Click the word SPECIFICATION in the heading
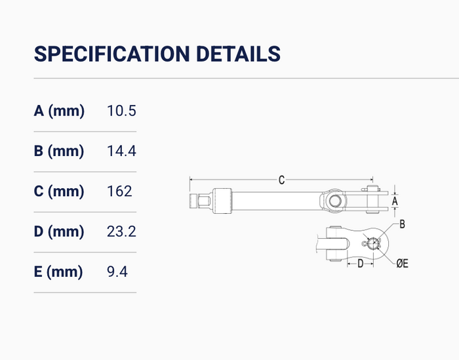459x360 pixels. (x=111, y=54)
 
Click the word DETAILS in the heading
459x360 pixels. (x=238, y=54)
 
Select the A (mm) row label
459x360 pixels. (x=59, y=111)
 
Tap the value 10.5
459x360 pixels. (x=121, y=111)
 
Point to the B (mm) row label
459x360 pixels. (x=59, y=151)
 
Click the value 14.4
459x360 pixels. (x=121, y=151)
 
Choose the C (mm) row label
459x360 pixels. (x=59, y=191)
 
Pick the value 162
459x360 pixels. (x=119, y=191)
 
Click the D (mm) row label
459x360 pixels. (x=59, y=231)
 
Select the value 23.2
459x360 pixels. (x=121, y=231)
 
